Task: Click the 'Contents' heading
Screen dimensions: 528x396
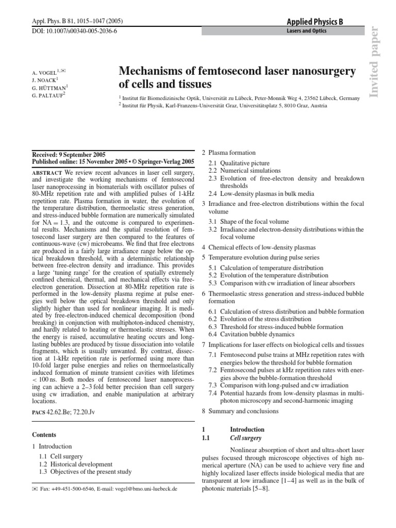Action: coord(44,435)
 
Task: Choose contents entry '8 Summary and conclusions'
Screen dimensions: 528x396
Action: coord(240,411)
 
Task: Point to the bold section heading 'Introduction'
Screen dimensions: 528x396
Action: coord(247,429)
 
